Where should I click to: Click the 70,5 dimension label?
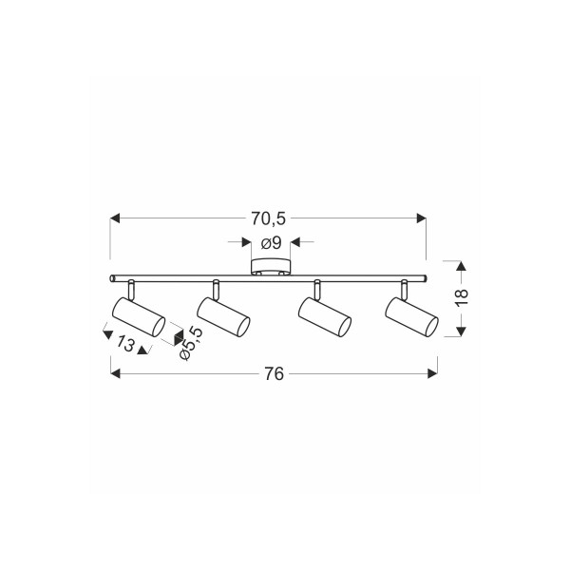268,218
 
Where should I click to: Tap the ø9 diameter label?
271,243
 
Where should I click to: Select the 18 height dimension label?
462,298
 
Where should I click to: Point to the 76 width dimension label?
274,373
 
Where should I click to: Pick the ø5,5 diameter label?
191,343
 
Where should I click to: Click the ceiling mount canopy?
271,267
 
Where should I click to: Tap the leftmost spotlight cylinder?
139,316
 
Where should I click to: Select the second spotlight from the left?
223,316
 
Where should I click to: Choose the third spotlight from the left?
324,316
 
